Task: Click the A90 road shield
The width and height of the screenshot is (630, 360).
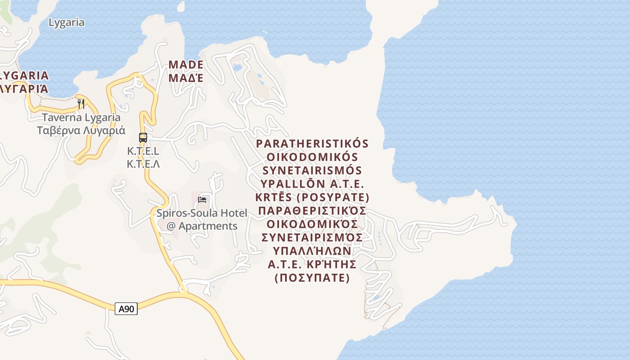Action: tap(126, 309)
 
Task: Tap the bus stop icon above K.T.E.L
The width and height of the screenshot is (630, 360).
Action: tap(143, 138)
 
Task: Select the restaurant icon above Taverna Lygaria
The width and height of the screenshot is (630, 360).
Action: tap(81, 104)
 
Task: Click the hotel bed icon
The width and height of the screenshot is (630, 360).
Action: tap(202, 199)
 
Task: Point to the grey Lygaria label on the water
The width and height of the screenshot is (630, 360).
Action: tap(66, 22)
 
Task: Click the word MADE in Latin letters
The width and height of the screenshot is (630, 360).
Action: tap(186, 65)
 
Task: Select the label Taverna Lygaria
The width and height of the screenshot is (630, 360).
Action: tap(81, 118)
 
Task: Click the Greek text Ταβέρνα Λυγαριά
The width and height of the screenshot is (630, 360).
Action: tap(81, 130)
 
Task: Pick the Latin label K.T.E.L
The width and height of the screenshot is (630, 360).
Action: tap(143, 151)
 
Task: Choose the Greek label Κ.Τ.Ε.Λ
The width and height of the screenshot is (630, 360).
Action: tap(143, 164)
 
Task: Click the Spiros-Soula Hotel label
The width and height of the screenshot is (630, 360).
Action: tap(202, 213)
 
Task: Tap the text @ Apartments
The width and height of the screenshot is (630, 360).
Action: tap(202, 226)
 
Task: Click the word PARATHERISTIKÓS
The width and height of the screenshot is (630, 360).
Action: tap(312, 144)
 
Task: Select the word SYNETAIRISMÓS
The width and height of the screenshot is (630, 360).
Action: tap(312, 171)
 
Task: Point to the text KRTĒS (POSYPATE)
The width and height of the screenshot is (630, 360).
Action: tap(312, 198)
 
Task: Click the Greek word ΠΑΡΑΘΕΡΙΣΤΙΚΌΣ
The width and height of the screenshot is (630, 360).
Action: tap(312, 211)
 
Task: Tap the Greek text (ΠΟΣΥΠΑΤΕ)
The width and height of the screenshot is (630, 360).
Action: tap(312, 278)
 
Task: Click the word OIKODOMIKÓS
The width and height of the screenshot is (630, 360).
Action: tap(312, 157)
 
